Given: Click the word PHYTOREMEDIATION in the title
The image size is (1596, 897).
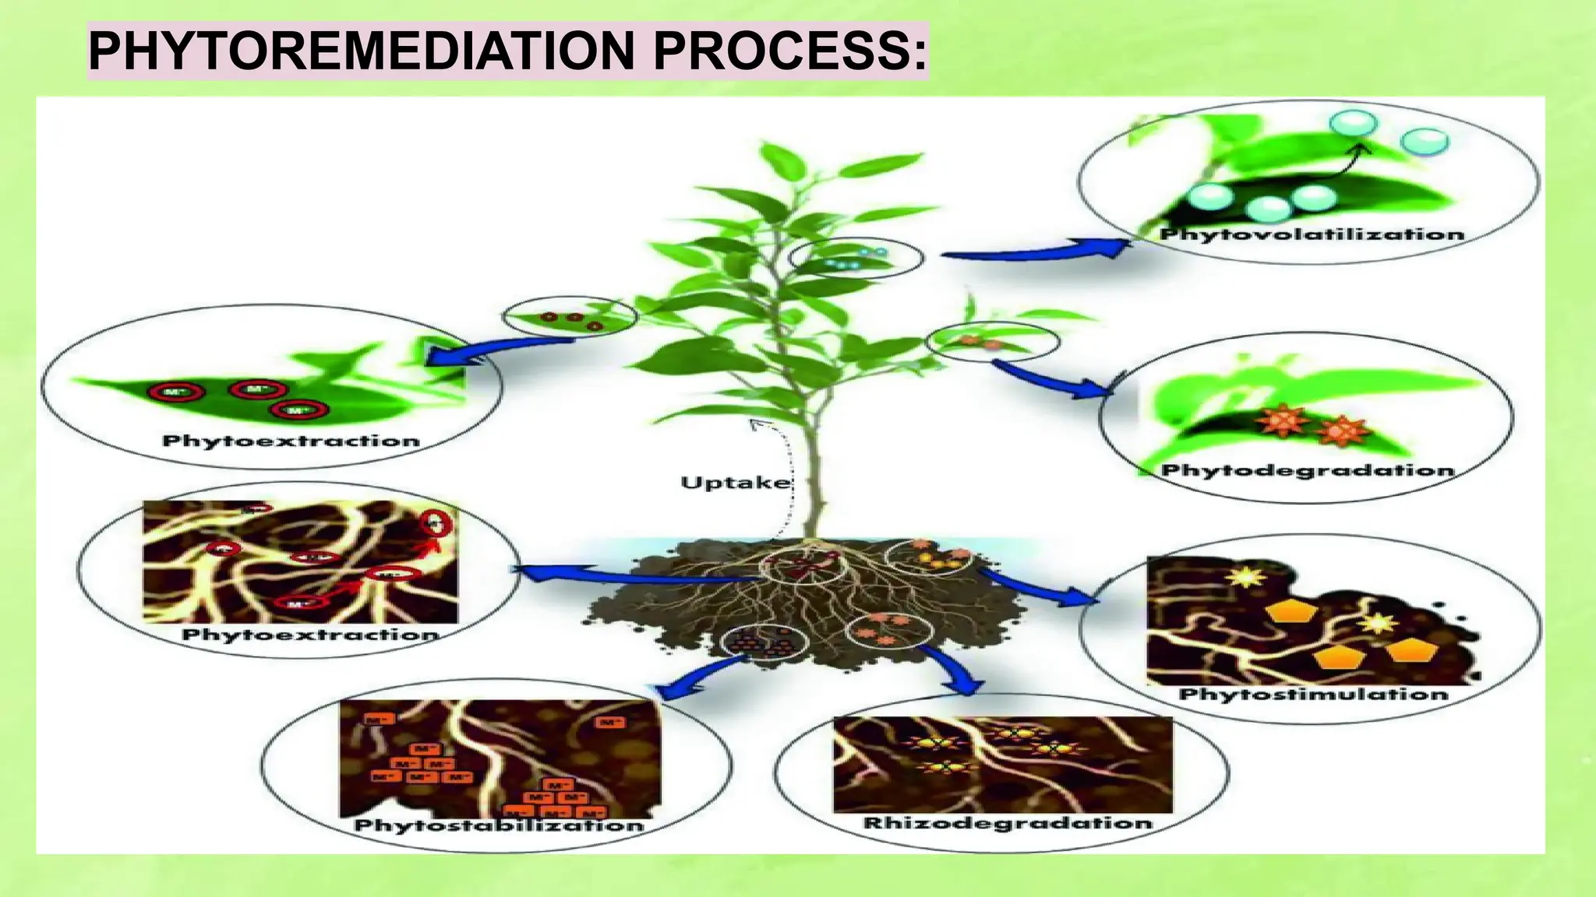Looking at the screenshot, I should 362,51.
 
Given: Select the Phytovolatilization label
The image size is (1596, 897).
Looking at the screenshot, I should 1312,234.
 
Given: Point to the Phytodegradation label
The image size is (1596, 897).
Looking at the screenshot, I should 1308,470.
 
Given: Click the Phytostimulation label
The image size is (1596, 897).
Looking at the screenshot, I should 1313,694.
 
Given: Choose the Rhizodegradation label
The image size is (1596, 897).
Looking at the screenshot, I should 1007,823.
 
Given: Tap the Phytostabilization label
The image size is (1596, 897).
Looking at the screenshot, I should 499,825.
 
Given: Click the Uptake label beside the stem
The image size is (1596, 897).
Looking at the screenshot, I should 735,483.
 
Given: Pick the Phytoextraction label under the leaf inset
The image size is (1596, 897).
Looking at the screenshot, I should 291,441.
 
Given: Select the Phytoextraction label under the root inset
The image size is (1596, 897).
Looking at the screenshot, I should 309,635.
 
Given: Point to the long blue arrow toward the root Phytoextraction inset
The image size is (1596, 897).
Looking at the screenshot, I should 631,576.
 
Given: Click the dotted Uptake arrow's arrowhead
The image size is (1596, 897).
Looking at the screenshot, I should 754,423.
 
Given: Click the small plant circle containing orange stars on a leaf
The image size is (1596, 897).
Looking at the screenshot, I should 992,341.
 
